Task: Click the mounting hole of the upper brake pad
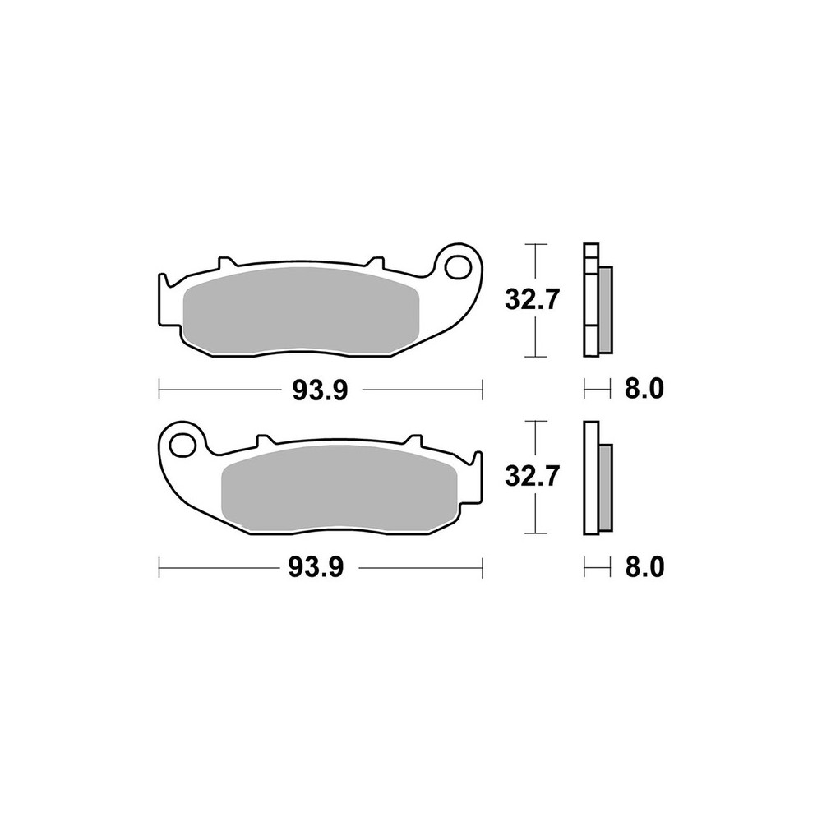coord(455,266)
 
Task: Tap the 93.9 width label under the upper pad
coord(320,390)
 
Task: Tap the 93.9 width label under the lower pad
coord(316,568)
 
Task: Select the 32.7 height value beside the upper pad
coord(533,300)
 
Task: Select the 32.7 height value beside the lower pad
coord(533,477)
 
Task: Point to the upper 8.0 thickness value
coord(644,390)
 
